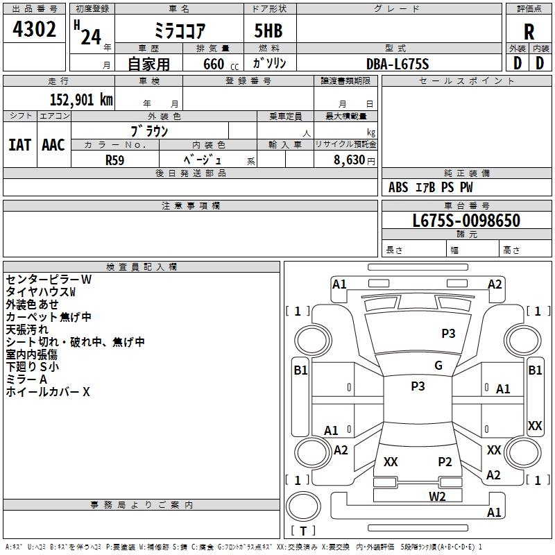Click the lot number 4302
pos(34,29)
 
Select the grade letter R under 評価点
pos(529,32)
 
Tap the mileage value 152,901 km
pos(81,100)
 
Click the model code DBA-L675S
pos(398,64)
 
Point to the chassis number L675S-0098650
pos(466,221)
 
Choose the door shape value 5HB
pos(268,31)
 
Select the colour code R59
pos(115,160)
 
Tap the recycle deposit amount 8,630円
pos(355,160)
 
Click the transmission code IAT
pos(20,145)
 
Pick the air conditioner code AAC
pos(53,145)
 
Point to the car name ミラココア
pos(180,31)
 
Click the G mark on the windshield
pos(438,366)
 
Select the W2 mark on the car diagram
pos(437,497)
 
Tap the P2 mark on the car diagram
pos(445,461)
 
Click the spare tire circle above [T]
pos(303,506)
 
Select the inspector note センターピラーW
pos(49,280)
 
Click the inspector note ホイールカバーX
pos(48,391)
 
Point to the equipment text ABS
pos(398,187)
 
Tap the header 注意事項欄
pos(191,205)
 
